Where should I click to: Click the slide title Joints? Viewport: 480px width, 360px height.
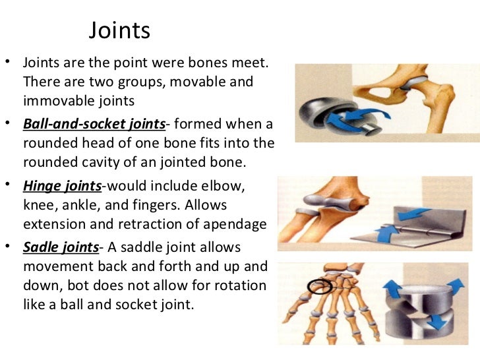119,30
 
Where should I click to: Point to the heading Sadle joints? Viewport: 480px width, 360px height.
60,249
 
